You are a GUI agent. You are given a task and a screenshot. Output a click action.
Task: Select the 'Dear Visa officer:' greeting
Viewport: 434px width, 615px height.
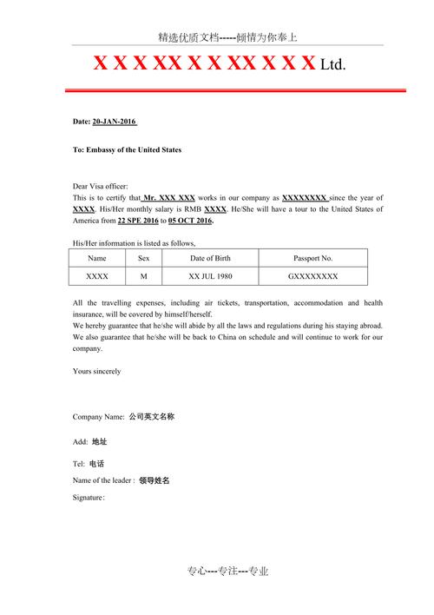(x=100, y=186)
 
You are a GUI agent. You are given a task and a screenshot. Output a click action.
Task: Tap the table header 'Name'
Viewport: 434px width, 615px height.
(x=97, y=258)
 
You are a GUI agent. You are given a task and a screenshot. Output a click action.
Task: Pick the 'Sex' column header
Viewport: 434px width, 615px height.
(x=144, y=258)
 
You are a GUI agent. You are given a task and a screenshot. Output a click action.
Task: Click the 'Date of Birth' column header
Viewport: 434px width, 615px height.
(x=209, y=258)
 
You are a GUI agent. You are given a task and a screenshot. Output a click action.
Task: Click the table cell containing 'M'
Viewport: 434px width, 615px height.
(x=144, y=276)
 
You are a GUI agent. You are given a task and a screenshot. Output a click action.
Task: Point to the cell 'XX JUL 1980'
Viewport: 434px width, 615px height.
(x=209, y=276)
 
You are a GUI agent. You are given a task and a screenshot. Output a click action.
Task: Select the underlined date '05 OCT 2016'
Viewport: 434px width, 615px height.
(x=190, y=221)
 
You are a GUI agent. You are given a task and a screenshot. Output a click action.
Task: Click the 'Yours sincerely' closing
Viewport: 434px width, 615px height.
(x=97, y=371)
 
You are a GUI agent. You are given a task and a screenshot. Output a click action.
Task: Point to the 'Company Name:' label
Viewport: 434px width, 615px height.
(x=99, y=417)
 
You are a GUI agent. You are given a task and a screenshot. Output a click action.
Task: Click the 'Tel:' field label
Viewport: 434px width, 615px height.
(x=79, y=464)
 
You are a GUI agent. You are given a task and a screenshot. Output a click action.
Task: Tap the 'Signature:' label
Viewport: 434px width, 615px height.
(x=89, y=498)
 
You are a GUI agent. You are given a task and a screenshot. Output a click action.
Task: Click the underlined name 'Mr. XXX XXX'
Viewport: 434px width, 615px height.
(x=168, y=198)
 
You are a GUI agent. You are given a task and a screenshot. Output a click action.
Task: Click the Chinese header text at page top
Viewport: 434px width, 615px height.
(x=227, y=37)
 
